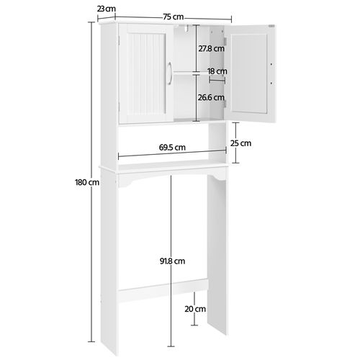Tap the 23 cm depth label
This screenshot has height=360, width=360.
pyautogui.click(x=107, y=8)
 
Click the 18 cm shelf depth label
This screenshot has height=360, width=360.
pyautogui.click(x=217, y=71)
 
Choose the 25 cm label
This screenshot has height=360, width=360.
pyautogui.click(x=246, y=143)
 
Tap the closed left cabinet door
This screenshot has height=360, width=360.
pyautogui.click(x=144, y=72)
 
